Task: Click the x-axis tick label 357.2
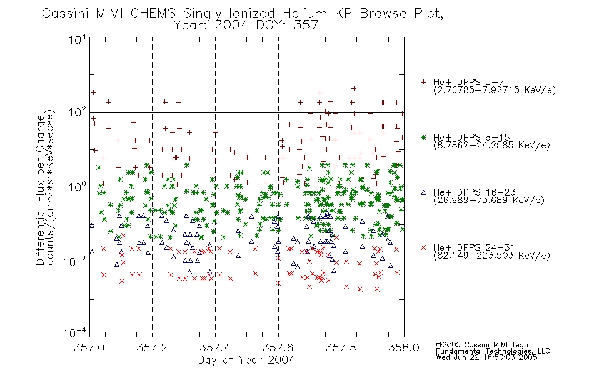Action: [152, 347]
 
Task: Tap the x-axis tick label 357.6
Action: [278, 347]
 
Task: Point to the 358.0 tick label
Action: [404, 347]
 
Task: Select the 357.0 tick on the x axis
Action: [89, 347]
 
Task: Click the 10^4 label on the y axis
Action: [78, 40]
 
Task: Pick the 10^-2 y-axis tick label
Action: [76, 261]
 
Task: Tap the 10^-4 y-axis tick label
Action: [76, 332]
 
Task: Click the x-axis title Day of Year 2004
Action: [246, 360]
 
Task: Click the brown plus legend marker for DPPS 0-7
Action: [423, 82]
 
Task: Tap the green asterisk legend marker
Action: [423, 137]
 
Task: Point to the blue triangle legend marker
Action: [423, 192]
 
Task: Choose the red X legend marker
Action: [423, 247]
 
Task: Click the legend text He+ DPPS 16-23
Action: [475, 192]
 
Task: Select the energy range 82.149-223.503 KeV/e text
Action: [491, 255]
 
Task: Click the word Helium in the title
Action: [305, 14]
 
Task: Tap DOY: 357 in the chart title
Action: [287, 26]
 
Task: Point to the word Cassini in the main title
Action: [66, 14]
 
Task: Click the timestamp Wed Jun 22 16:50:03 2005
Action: [486, 357]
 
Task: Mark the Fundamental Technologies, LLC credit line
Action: [493, 351]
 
